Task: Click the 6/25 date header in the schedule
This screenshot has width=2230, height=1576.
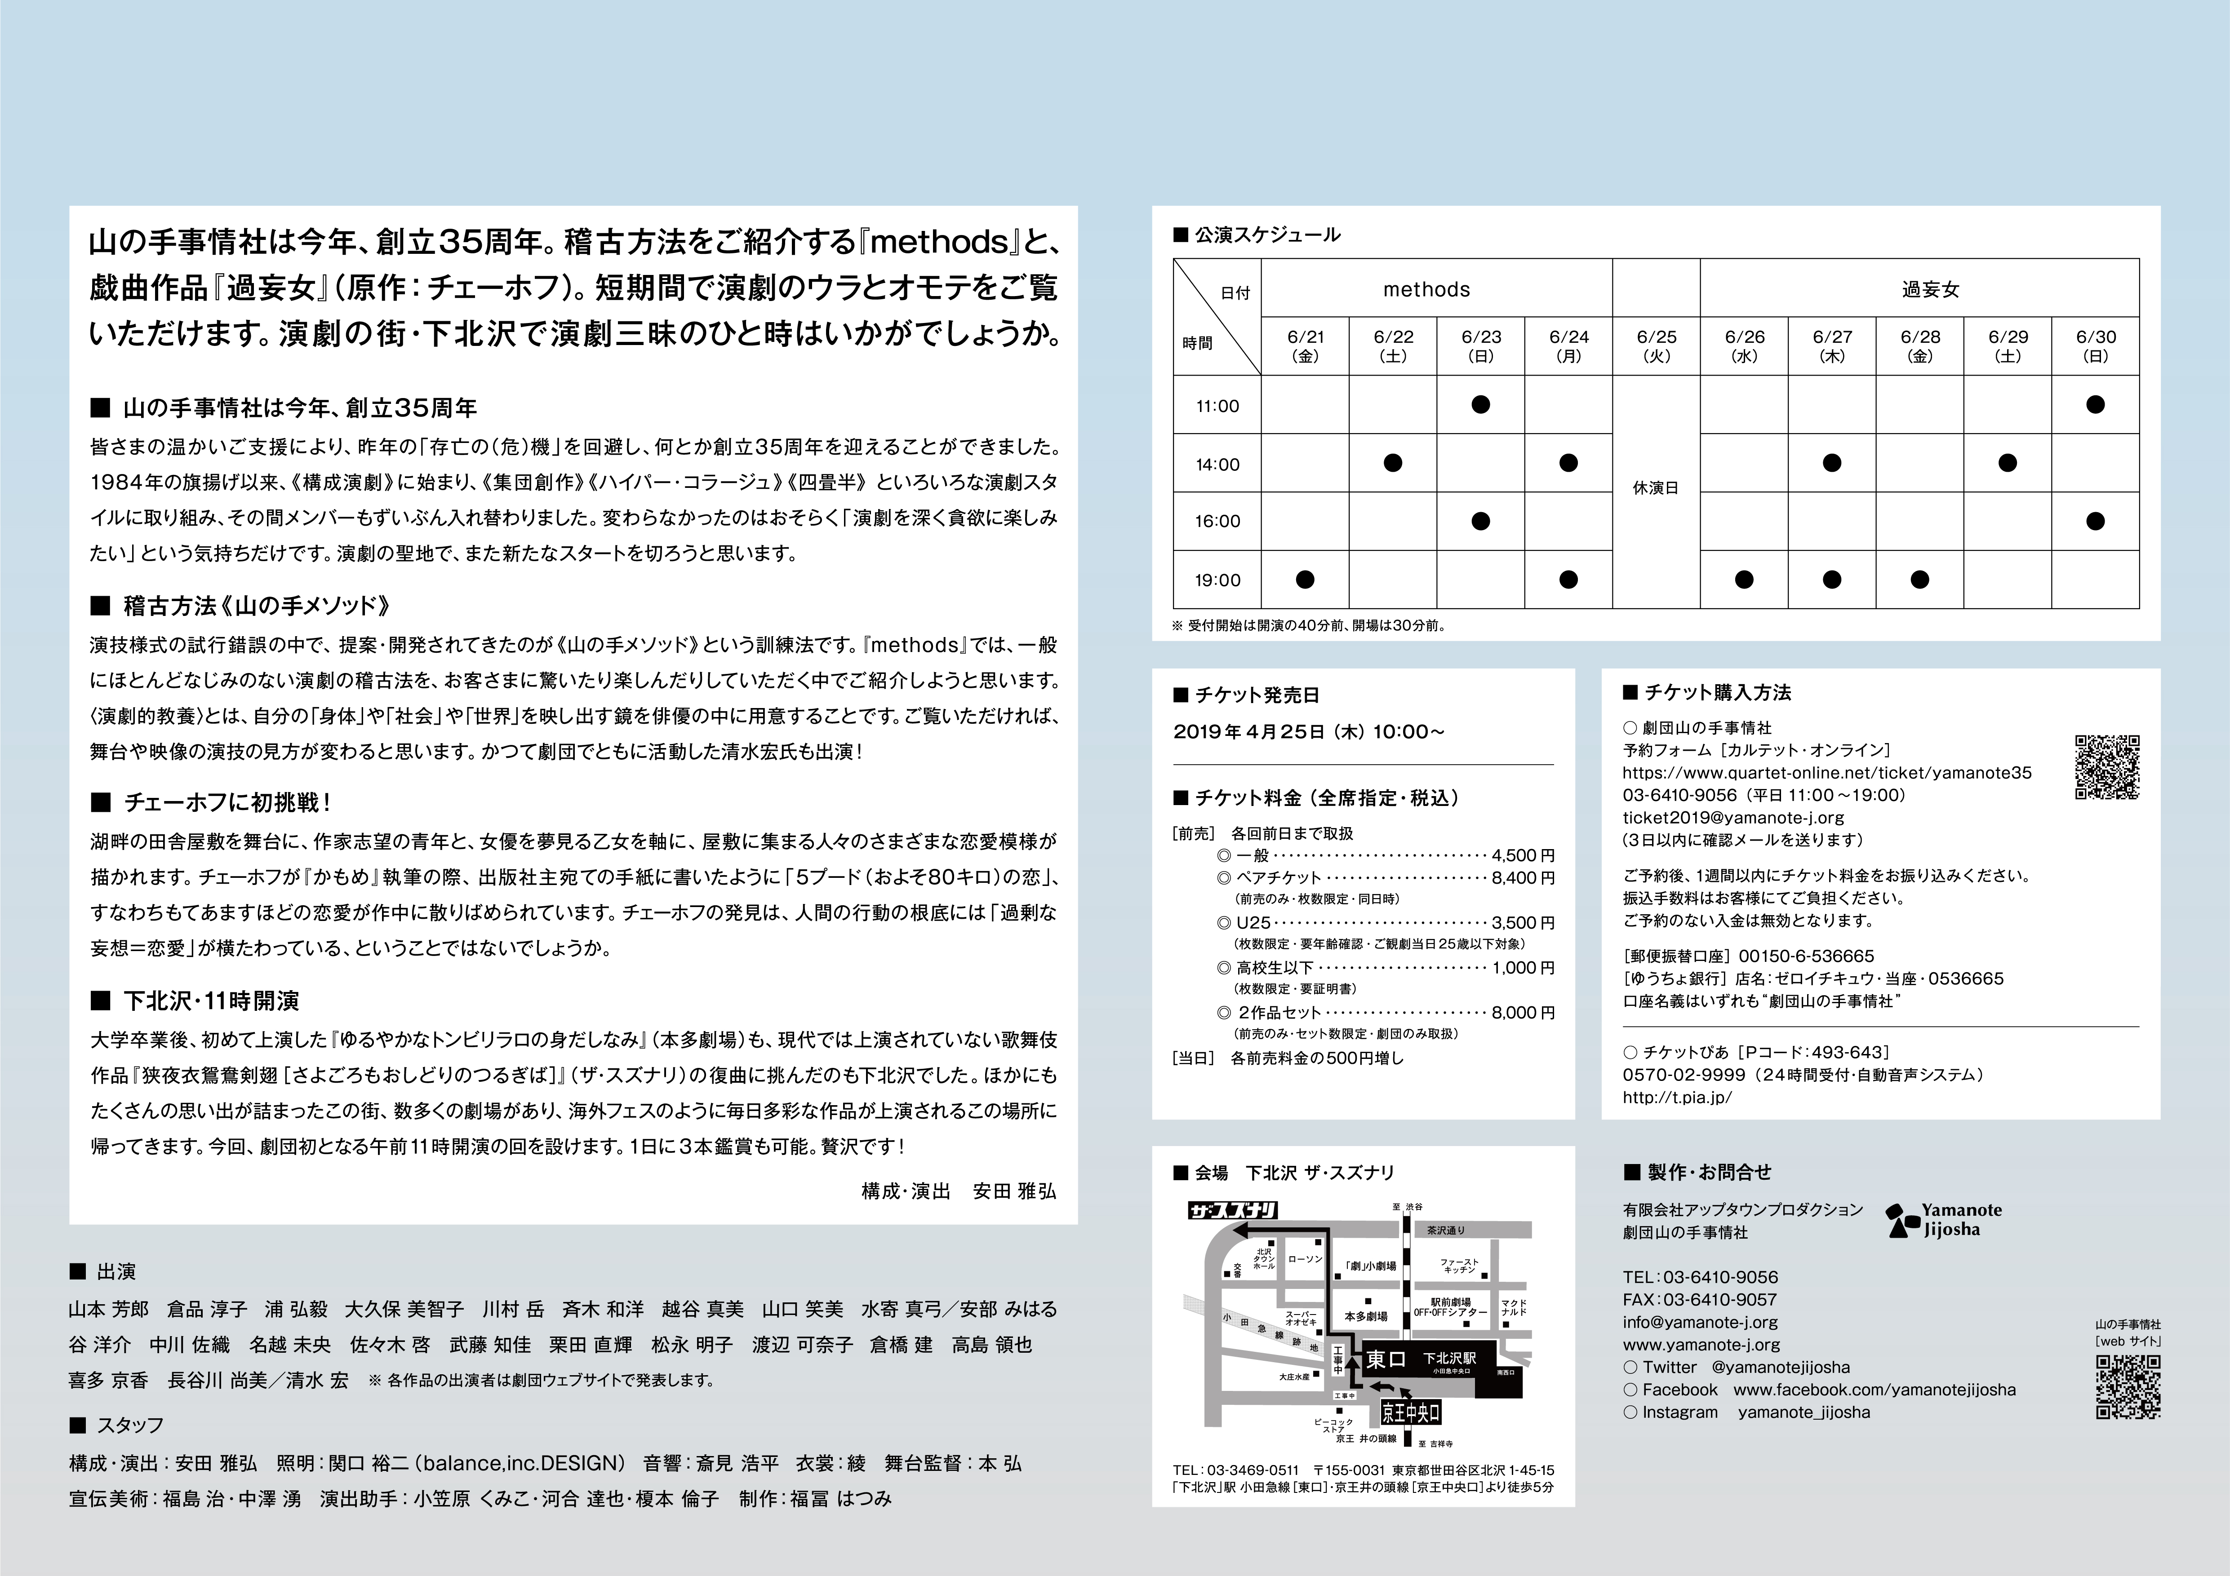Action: tap(1656, 345)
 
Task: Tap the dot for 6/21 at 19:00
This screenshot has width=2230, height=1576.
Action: tap(1306, 580)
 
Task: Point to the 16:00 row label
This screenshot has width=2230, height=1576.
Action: tap(1217, 522)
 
